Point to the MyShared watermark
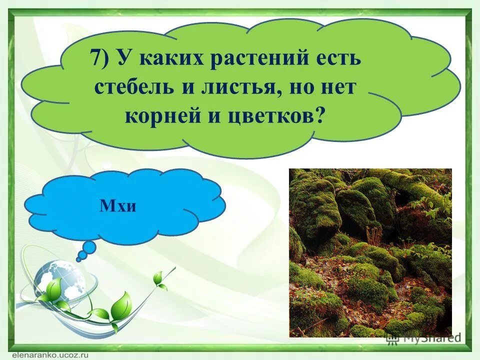(x=425, y=339)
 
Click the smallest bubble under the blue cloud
(x=80, y=259)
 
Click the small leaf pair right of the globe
(x=159, y=279)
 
